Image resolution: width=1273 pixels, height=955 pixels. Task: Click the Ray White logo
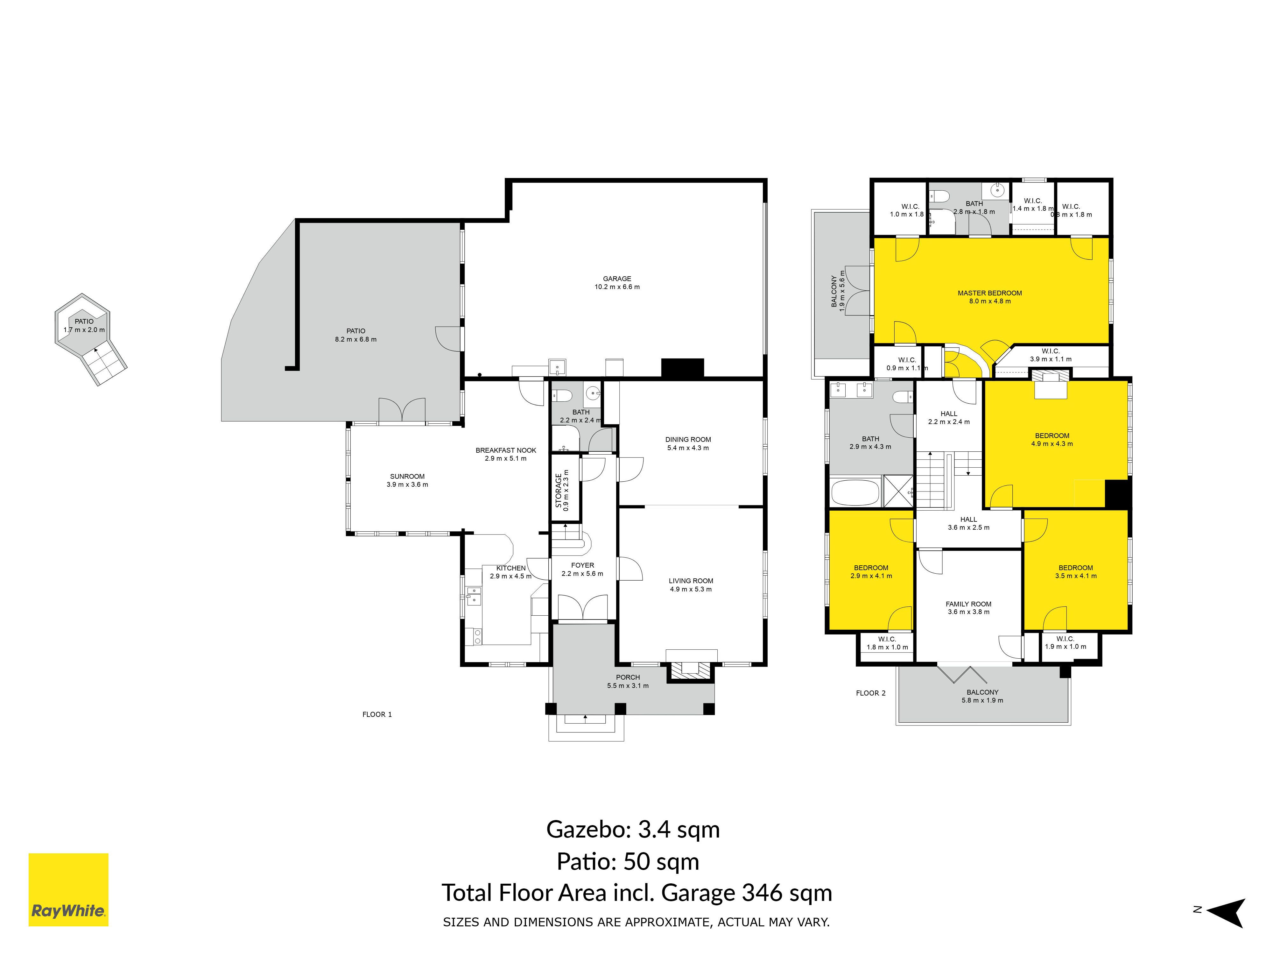(68, 889)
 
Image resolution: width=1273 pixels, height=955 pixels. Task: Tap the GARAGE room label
(617, 279)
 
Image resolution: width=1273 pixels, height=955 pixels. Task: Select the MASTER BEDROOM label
(990, 293)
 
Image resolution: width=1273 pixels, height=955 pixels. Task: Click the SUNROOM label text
(407, 476)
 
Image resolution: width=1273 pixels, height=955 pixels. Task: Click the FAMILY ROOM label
(968, 604)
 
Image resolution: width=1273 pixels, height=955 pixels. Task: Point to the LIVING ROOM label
(691, 581)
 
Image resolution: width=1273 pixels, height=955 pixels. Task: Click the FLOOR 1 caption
(377, 714)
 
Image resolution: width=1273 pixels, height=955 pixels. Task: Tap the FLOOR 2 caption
(871, 693)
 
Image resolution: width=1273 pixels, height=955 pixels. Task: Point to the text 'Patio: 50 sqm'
(628, 862)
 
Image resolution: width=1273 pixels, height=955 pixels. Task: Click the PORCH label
(628, 677)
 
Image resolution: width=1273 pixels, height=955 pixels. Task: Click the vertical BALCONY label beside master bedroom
(834, 291)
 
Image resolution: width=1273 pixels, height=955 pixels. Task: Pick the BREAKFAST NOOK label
(506, 450)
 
